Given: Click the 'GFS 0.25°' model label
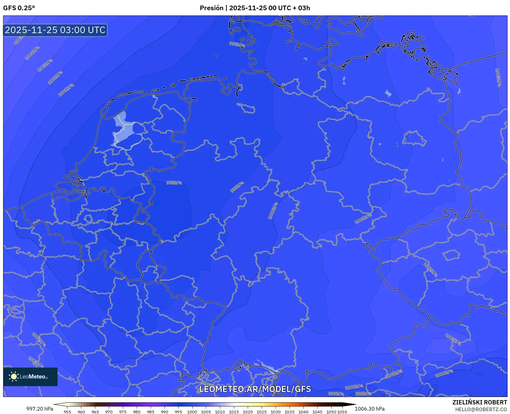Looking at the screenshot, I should [x=19, y=8].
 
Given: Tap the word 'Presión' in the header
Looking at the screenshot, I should [x=212, y=8].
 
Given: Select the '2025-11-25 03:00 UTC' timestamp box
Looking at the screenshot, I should [x=55, y=30].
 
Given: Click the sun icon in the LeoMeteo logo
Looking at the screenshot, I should [x=14, y=377].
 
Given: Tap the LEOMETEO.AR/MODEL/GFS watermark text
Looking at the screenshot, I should [x=255, y=389].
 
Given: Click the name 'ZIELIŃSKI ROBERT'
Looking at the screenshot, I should [x=480, y=402].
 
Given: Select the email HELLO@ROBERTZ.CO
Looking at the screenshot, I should [x=481, y=409].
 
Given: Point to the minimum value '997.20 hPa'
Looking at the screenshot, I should [x=40, y=409].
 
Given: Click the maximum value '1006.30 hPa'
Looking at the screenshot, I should [x=370, y=409].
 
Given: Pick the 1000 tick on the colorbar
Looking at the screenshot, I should [x=192, y=412].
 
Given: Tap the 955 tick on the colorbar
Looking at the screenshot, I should [x=67, y=412].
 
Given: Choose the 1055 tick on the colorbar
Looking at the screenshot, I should [x=342, y=412].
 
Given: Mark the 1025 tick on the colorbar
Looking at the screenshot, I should [x=262, y=412].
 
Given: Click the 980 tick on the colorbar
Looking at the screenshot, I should [x=137, y=412].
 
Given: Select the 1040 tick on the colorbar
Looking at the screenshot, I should [x=303, y=412].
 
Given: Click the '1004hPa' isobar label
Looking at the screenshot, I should [x=32, y=53].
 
